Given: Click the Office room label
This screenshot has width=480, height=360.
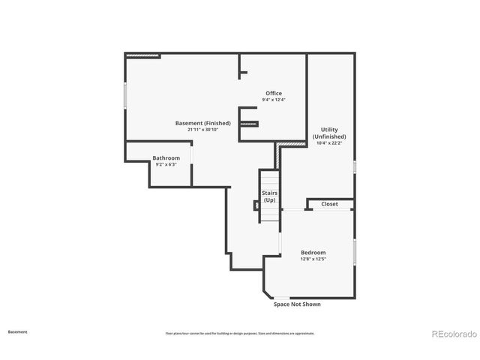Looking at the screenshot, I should point(274,93).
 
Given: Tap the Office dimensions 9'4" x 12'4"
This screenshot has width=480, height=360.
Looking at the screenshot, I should point(274,100).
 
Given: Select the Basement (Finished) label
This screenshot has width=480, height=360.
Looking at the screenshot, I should point(202,123).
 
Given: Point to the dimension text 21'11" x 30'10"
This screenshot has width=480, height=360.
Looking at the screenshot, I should point(202,130).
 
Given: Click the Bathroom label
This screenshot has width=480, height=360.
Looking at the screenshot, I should point(166,157).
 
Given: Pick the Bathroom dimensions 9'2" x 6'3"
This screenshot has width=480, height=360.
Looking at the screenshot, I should point(166,164).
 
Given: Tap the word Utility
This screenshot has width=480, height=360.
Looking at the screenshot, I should point(329,130).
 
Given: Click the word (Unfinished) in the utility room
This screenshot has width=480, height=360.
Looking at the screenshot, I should point(329,136).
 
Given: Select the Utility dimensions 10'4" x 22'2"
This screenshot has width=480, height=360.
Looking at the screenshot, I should point(329,143).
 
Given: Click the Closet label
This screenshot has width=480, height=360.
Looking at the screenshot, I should point(329,204).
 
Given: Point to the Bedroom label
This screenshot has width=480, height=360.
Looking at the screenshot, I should point(313,253).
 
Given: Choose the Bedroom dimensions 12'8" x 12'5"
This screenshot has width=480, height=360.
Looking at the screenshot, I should point(313,259).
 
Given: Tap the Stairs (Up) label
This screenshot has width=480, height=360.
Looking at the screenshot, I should point(269,196).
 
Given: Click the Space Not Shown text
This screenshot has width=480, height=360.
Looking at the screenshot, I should point(297,304).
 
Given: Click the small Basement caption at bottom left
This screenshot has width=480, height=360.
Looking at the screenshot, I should point(17,331).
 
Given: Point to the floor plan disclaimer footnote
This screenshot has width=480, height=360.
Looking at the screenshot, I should point(240,333).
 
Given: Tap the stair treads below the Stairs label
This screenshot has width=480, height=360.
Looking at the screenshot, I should point(269,214).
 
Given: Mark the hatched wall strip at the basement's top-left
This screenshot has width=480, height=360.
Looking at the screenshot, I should point(142,55).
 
